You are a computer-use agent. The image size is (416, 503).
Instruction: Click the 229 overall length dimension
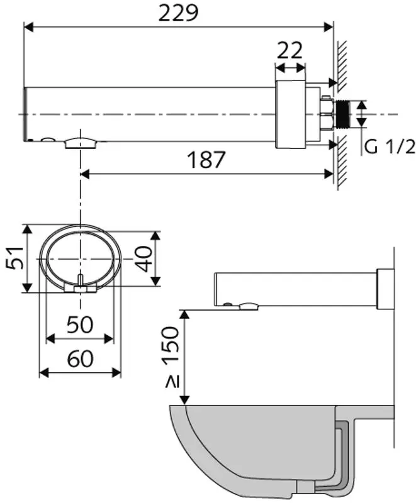[x=179, y=13]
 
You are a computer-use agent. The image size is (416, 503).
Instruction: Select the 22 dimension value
[x=290, y=50]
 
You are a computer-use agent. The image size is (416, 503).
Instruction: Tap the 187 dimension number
[x=206, y=160]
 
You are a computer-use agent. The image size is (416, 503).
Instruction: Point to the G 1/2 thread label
[x=390, y=147]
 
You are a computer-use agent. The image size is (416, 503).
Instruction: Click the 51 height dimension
[x=14, y=258]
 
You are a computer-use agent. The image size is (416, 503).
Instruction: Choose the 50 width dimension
[x=80, y=324]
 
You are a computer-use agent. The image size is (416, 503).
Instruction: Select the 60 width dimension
[x=81, y=358]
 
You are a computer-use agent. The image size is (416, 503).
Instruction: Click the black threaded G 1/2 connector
[x=342, y=114]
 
